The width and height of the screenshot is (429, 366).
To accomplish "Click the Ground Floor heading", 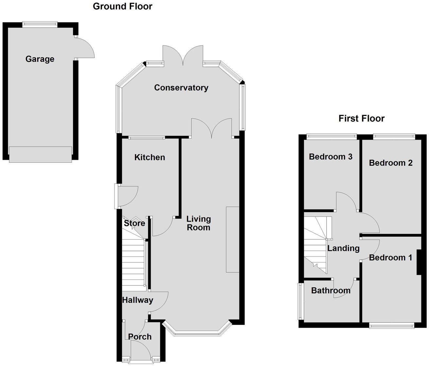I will [122, 6].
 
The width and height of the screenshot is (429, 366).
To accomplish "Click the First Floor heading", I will [361, 118].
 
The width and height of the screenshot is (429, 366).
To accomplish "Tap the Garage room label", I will [40, 59].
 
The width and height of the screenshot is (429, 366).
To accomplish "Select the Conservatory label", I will [181, 88].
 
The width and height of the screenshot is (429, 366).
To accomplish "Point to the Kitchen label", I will [149, 157].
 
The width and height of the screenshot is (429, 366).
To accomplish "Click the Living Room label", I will [198, 223].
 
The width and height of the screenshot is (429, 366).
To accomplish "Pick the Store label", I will [134, 223].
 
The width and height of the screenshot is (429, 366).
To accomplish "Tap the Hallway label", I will [137, 300].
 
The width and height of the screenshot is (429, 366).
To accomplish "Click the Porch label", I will [140, 337].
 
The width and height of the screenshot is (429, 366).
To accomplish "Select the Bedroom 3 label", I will [331, 157].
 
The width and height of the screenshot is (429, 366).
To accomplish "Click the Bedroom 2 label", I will [390, 163].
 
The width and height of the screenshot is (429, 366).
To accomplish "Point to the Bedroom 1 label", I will [390, 258].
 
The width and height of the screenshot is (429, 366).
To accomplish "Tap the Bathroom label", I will [331, 290].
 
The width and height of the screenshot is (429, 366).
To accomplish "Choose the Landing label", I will [343, 248].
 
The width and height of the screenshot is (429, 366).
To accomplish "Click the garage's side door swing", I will [84, 48].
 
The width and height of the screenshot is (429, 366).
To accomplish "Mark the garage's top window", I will [40, 24].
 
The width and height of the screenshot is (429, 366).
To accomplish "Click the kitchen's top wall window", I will [146, 138].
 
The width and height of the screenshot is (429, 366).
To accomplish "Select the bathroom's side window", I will [300, 301].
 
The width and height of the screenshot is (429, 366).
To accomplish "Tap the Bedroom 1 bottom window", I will [391, 325].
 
